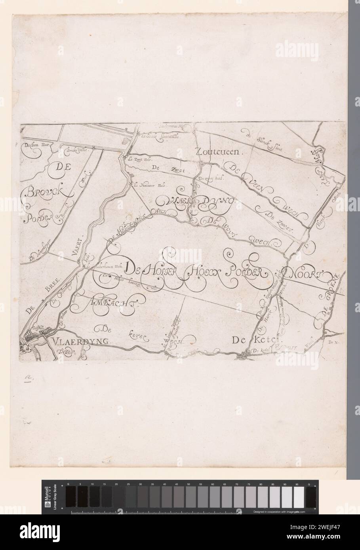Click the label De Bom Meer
36,150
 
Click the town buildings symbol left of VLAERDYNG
31,338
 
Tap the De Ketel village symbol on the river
244,356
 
